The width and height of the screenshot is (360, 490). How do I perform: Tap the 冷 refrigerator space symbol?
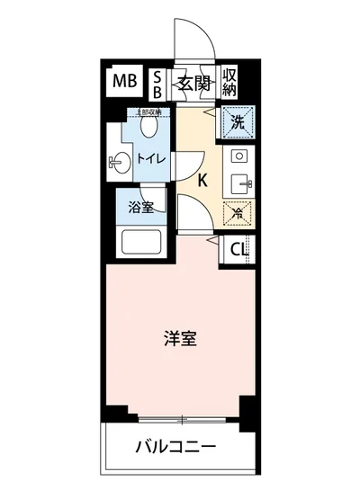(x=237, y=214)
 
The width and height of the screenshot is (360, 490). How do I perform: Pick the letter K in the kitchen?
(x=202, y=180)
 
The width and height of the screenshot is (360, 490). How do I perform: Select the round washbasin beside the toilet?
(x=117, y=163)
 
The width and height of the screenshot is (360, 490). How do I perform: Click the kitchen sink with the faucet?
(x=238, y=183)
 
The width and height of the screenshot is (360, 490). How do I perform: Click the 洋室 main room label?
(x=180, y=339)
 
